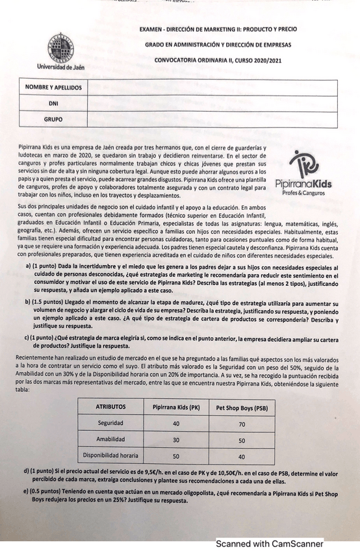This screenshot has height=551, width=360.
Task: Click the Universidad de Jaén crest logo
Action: tap(60, 47)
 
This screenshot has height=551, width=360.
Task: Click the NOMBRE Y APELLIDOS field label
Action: tap(53, 87)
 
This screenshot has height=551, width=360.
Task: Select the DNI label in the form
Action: tap(53, 103)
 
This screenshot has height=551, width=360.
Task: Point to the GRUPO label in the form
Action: tap(53, 120)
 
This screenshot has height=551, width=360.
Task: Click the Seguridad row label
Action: tap(110, 423)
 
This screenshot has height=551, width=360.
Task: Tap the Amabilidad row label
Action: tap(110, 439)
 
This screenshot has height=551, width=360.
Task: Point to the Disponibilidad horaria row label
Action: tap(110, 455)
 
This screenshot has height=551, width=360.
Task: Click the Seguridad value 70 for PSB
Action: tap(242, 424)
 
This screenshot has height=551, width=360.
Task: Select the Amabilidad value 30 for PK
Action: tap(176, 440)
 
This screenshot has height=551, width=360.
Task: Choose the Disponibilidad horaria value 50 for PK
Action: tap(176, 456)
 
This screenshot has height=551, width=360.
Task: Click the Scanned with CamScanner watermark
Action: tap(269, 543)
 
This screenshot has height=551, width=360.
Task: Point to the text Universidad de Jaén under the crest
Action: tap(60, 66)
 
